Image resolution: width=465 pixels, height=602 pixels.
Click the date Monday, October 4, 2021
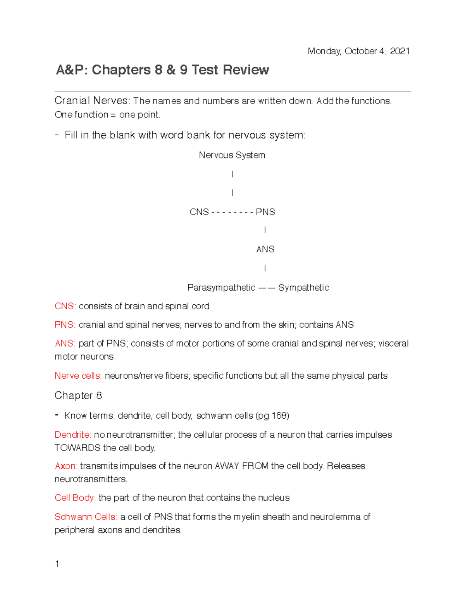358,51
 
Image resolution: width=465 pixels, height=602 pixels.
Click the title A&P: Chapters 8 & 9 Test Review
162,70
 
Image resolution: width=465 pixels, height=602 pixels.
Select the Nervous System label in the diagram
232,155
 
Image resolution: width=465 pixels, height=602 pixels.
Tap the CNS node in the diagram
199,212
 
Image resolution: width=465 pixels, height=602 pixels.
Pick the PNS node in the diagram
265,212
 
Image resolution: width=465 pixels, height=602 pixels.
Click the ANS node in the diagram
265,249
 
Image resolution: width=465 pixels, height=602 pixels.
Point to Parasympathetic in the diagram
221,288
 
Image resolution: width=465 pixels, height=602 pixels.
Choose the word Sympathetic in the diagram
303,288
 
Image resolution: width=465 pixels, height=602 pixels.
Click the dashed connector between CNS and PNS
232,212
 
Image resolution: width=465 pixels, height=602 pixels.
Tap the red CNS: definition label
65,306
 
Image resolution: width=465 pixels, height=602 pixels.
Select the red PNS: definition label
65,325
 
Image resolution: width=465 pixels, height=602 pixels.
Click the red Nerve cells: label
78,376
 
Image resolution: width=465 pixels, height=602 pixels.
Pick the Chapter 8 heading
78,396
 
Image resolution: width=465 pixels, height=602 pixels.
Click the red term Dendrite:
73,435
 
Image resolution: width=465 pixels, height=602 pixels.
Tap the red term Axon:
66,466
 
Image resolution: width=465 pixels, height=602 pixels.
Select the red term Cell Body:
75,498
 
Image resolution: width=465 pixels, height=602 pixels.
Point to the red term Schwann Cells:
86,517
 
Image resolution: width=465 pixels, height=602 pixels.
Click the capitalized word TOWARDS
78,448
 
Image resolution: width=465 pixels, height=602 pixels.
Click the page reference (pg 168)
272,416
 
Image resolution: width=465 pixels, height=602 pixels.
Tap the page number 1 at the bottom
57,564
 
